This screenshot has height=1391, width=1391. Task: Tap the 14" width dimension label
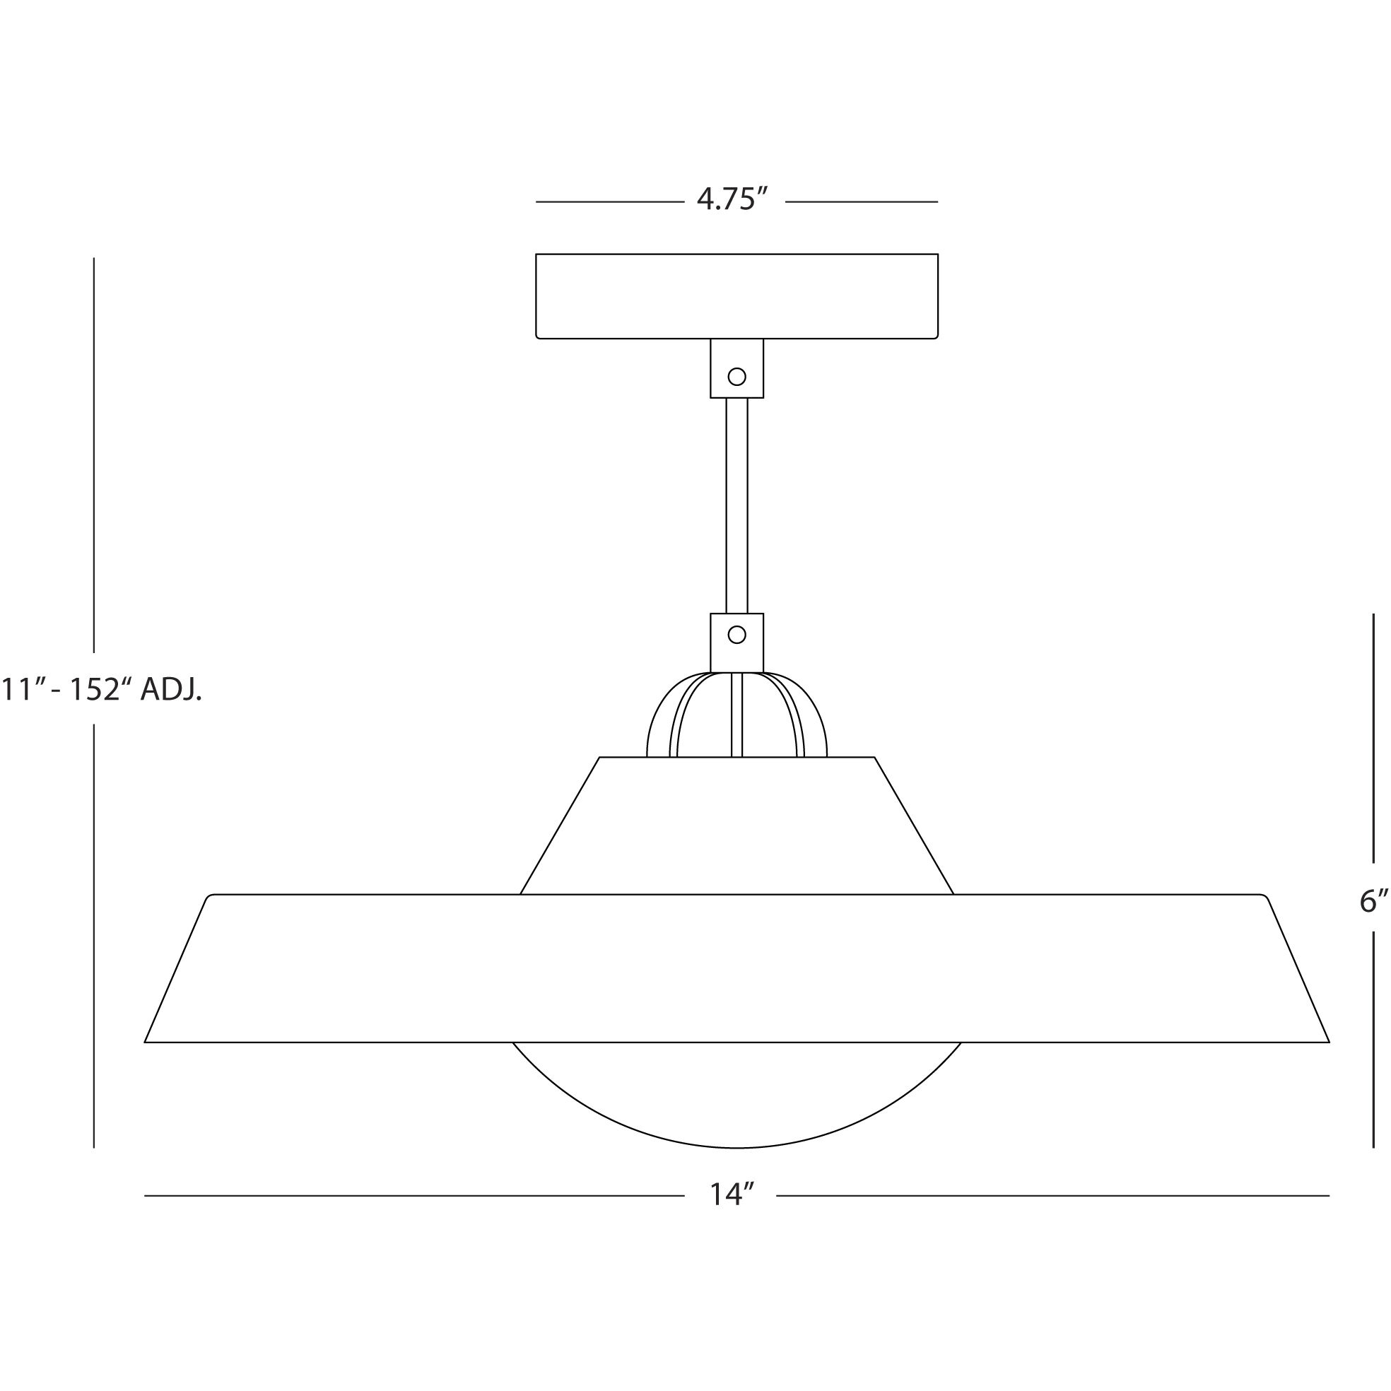[x=731, y=1196]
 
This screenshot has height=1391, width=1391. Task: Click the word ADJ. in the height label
[x=170, y=690]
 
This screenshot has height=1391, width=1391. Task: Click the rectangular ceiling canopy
[x=736, y=295]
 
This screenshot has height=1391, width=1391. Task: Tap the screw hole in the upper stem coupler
[x=736, y=376]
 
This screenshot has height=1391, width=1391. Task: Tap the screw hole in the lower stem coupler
[x=736, y=634]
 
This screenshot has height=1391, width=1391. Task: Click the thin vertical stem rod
[x=736, y=504]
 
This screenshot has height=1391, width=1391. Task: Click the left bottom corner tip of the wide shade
[x=147, y=1041]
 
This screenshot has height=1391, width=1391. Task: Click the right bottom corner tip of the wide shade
[x=1327, y=1041]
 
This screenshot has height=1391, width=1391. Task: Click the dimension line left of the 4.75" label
[x=609, y=201]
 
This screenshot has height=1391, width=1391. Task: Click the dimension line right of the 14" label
[x=1051, y=1196]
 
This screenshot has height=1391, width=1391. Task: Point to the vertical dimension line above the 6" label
[x=1374, y=741]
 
